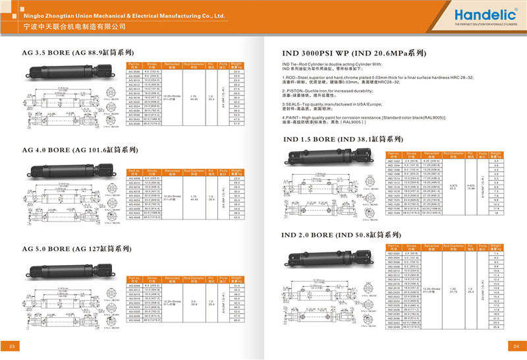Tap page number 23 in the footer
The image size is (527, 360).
tap(11, 347)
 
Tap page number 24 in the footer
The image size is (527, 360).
tap(516, 347)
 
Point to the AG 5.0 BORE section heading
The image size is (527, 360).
tap(69, 249)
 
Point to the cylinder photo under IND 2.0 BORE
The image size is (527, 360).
tap(329, 256)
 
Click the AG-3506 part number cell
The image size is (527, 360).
tap(134, 71)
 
